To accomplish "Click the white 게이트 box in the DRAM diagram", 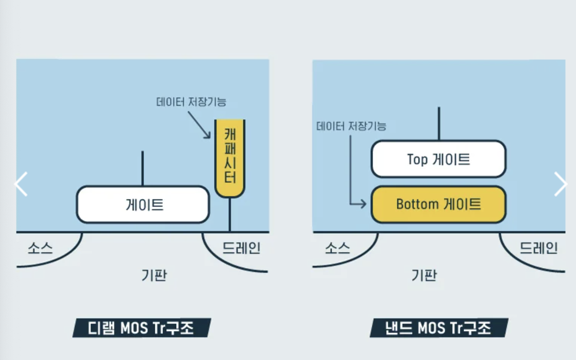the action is pos(143,205).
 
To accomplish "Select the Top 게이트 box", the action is pos(438,159).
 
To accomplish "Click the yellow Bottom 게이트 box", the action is pos(438,204).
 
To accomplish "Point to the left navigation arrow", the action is pos(21,184).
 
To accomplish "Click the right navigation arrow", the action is pos(560,184).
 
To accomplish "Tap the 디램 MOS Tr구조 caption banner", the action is pos(141,328).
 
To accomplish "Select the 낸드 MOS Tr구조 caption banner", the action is pos(439,328).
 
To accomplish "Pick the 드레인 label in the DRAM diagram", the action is pos(242,248).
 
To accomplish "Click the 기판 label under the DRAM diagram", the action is pos(154,275).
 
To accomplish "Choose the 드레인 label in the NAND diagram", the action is pos(539,248).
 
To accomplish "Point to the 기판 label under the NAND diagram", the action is pos(424,275).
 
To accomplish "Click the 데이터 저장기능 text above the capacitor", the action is pos(191,101).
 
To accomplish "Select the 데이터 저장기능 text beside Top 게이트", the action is pos(351,126).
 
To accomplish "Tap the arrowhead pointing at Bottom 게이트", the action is pos(363,204).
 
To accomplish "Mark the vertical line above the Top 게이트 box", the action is pos(439,123).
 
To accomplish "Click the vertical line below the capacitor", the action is pos(230,214).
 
